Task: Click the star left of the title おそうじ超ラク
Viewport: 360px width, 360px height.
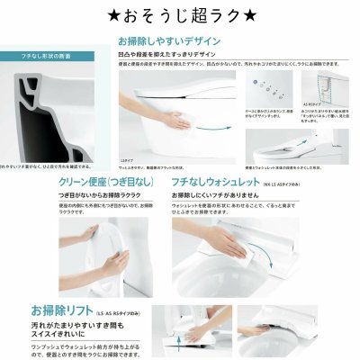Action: [x=104, y=15]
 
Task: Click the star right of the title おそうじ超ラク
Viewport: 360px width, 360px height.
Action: [x=254, y=15]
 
